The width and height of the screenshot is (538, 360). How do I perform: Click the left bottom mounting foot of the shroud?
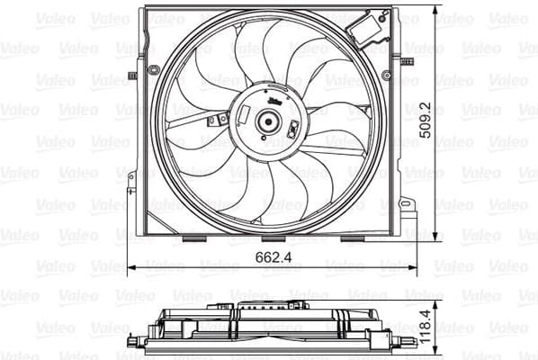coord(194,238)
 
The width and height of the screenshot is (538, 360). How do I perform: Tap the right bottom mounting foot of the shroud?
coord(352,238)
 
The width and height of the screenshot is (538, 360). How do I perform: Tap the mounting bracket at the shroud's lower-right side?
coord(407,216)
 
